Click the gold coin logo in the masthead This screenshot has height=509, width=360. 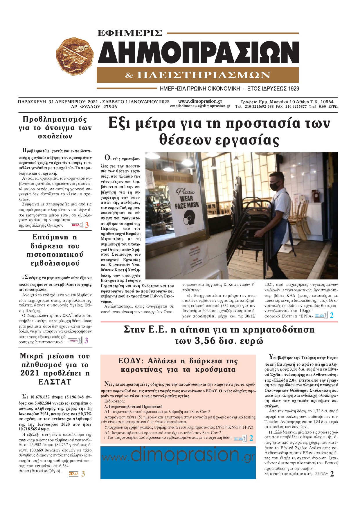(75, 57)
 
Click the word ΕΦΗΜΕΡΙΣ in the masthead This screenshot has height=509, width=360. (130, 33)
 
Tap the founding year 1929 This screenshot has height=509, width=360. (294, 89)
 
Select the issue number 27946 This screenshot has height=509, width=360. (110, 107)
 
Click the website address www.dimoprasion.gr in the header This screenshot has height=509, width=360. (200, 101)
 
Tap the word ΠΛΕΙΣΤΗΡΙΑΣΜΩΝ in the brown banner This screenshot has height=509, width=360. (204, 75)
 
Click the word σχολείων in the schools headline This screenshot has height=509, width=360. (55, 136)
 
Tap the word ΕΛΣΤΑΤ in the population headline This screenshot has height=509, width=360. (55, 382)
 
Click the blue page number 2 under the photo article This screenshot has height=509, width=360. (332, 315)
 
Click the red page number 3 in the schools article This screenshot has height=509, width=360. (87, 225)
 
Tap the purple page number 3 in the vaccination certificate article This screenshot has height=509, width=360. (86, 341)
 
